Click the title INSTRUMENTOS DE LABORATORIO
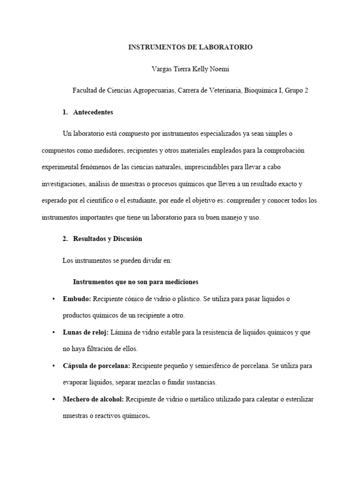pyautogui.click(x=190, y=47)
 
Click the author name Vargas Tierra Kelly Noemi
pyautogui.click(x=190, y=69)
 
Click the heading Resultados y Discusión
pyautogui.click(x=107, y=239)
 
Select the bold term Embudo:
pyautogui.click(x=77, y=299)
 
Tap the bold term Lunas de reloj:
pyautogui.click(x=86, y=332)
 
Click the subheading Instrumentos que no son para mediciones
pyautogui.click(x=136, y=282)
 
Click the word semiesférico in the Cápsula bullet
pyautogui.click(x=225, y=366)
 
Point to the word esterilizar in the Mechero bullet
pyautogui.click(x=296, y=399)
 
